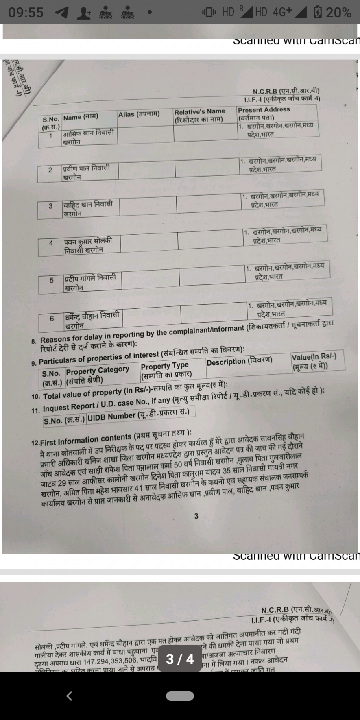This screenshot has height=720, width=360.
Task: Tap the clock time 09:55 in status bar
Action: coord(26,13)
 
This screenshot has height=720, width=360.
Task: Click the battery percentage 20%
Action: coord(338,13)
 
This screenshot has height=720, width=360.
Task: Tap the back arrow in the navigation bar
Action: coord(69,696)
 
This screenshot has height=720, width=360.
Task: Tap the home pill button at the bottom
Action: coord(180,696)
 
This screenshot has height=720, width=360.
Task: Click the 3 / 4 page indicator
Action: coord(180,659)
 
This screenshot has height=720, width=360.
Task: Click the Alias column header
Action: coord(139,114)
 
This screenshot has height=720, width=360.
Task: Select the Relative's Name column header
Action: coord(199,115)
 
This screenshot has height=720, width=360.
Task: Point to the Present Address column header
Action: coord(264,113)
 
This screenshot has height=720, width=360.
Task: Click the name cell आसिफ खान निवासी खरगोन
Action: coord(88,137)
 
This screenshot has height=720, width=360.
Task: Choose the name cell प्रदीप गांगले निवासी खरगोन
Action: coord(90,282)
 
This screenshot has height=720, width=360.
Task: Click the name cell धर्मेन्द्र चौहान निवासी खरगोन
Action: coord(92,320)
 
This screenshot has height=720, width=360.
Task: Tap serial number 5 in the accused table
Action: coord(52,280)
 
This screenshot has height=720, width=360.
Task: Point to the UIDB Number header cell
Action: coord(138,415)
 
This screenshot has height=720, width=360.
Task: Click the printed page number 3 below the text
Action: coord(196,516)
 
